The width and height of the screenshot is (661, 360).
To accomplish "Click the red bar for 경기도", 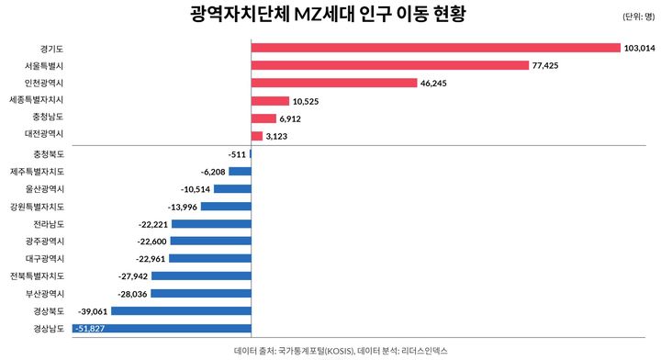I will point(435,48).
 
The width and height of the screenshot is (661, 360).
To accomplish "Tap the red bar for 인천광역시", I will point(334,83).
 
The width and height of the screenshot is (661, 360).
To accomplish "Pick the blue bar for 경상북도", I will point(181,311).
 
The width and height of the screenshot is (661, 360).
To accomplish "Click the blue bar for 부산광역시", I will point(201,294).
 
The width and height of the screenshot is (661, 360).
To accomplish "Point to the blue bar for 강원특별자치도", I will point(226,207).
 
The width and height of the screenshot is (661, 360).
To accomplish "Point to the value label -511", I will point(238,153).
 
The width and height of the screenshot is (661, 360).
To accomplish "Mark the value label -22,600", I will point(151,242).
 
